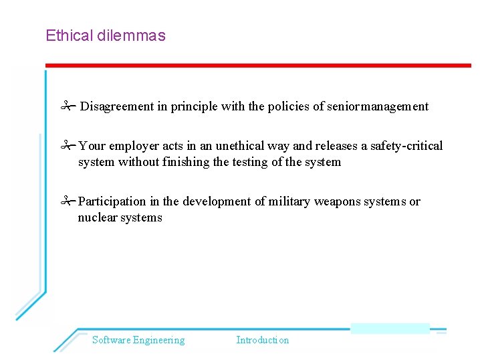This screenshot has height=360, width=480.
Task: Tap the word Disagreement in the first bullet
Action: click(x=117, y=106)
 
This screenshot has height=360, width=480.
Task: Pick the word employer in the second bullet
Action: click(x=134, y=147)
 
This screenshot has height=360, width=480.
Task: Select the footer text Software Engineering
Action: click(x=138, y=340)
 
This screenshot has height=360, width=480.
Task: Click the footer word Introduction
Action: click(x=263, y=340)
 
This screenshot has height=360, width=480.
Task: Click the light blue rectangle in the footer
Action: click(x=390, y=328)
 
